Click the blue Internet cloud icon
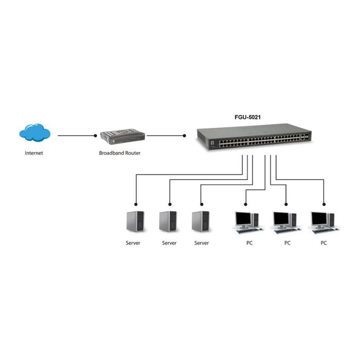pos(35,134)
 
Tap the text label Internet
pos(34,153)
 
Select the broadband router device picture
pos(121,137)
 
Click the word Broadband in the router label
pos(111,153)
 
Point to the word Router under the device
pos(132,153)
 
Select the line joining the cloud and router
pos(76,136)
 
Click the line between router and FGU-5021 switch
pos(166,136)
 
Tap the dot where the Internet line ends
pos(96,136)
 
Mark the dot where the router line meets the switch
pos(185,136)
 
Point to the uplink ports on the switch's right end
pos(304,138)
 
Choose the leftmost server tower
pos(133,222)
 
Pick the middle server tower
pos(168,222)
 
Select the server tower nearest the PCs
pos(201,222)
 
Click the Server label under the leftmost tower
pos(133,243)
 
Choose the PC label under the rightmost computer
pos(323,243)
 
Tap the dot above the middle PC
pos(285,202)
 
